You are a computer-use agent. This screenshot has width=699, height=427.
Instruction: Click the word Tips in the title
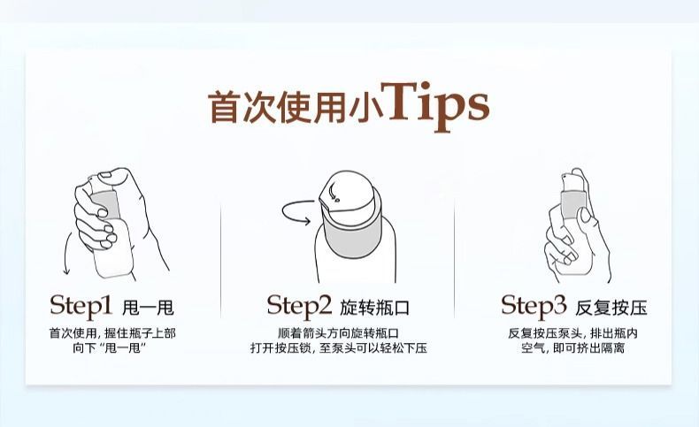point(438,106)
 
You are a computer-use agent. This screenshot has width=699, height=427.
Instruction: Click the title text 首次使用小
point(296,107)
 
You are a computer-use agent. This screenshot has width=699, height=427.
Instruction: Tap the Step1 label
point(81,307)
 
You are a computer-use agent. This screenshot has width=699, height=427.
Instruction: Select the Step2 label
point(299,307)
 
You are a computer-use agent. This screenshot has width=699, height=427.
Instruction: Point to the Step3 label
point(534,307)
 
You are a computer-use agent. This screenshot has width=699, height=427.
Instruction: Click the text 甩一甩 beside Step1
point(148,308)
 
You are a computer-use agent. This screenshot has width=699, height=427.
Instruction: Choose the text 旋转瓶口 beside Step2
point(374,308)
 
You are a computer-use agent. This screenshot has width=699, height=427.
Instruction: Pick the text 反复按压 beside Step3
point(611,308)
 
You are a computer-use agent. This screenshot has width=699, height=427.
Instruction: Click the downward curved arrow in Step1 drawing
point(66,253)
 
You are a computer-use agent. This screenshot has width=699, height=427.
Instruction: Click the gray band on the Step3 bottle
point(573,204)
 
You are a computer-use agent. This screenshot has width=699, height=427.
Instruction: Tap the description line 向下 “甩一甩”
point(110,347)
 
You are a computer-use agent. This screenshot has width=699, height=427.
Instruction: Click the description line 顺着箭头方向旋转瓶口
point(338,333)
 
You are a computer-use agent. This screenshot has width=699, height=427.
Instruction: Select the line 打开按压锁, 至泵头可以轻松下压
point(338,347)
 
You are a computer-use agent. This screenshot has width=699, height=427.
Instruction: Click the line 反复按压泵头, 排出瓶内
point(572,333)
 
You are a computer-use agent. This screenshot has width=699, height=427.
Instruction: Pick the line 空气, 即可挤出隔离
point(572,347)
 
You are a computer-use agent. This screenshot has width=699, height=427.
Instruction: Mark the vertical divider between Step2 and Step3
point(454,258)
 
